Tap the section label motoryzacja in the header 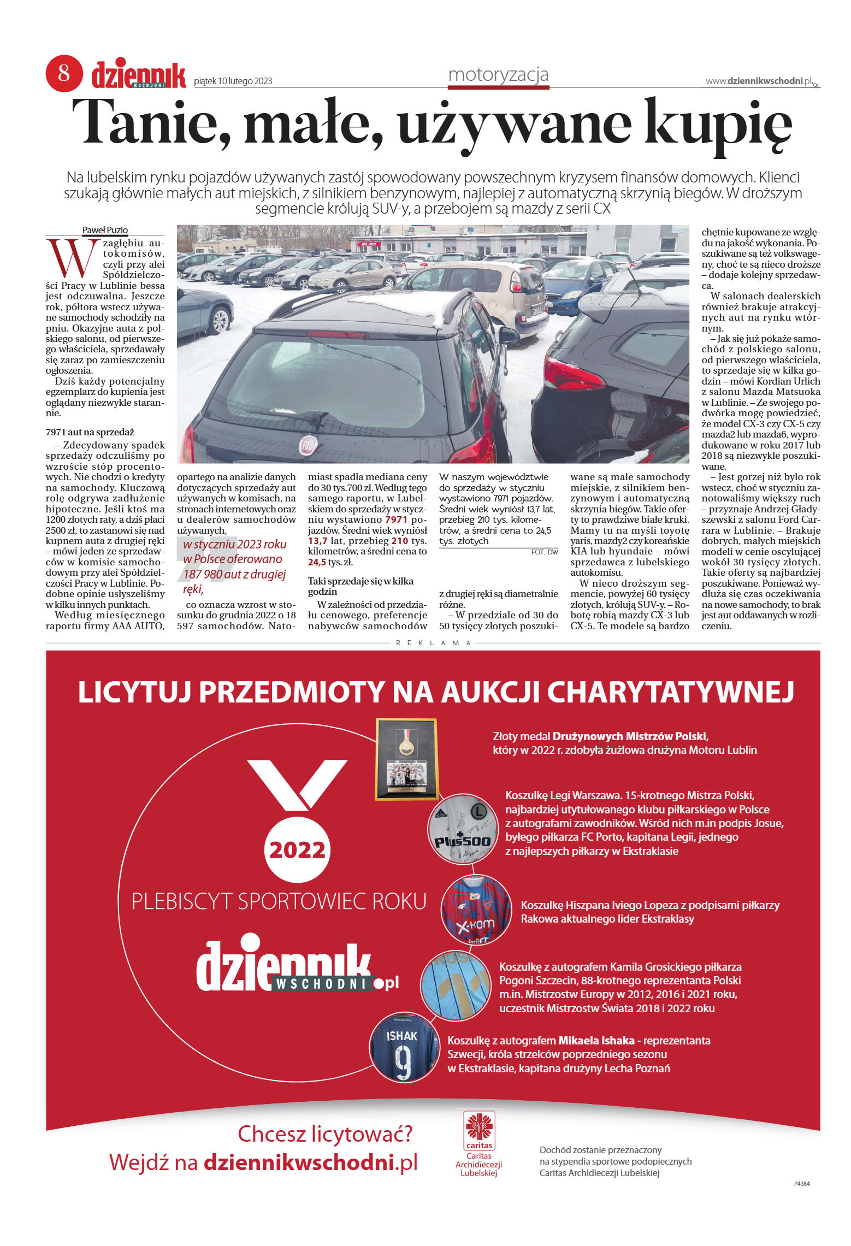click(498, 74)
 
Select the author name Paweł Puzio click(105, 230)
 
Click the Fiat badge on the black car click(308, 447)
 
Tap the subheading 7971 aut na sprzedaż click(90, 432)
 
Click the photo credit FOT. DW click(544, 552)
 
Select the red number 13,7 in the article click(317, 541)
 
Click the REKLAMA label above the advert click(433, 643)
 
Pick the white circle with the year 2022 click(297, 849)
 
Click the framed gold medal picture click(406, 759)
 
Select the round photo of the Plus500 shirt click(463, 829)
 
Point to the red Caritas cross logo click(479, 1127)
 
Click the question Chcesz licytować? click(325, 1134)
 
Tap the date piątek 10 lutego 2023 click(233, 81)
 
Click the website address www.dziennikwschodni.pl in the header click(759, 81)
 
